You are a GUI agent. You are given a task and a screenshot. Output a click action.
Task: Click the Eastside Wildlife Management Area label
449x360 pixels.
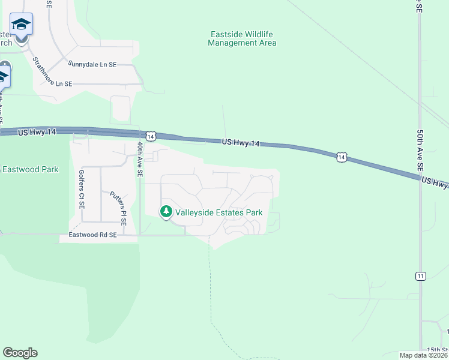click(x=242, y=38)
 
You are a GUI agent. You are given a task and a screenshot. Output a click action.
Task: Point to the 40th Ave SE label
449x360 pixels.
click(x=139, y=159)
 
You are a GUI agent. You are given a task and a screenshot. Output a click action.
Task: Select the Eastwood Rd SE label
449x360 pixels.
click(x=93, y=236)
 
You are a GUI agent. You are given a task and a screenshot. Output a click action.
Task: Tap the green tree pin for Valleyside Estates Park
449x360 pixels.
click(x=166, y=212)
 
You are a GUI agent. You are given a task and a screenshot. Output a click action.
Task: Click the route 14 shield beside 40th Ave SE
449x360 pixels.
click(x=151, y=137)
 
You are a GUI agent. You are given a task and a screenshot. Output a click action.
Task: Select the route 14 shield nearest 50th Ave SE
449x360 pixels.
click(x=341, y=157)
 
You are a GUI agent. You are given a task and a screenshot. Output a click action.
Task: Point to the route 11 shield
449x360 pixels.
click(x=420, y=276)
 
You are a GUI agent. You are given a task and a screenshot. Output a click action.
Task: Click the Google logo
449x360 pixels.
click(x=20, y=353)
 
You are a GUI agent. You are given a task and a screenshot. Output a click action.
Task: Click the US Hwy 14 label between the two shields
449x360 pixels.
click(x=241, y=143)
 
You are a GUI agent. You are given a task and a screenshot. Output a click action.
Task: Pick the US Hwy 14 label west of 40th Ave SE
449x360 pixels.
click(x=37, y=132)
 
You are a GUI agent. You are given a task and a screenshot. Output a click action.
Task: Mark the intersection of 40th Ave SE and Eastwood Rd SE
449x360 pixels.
click(x=139, y=235)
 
